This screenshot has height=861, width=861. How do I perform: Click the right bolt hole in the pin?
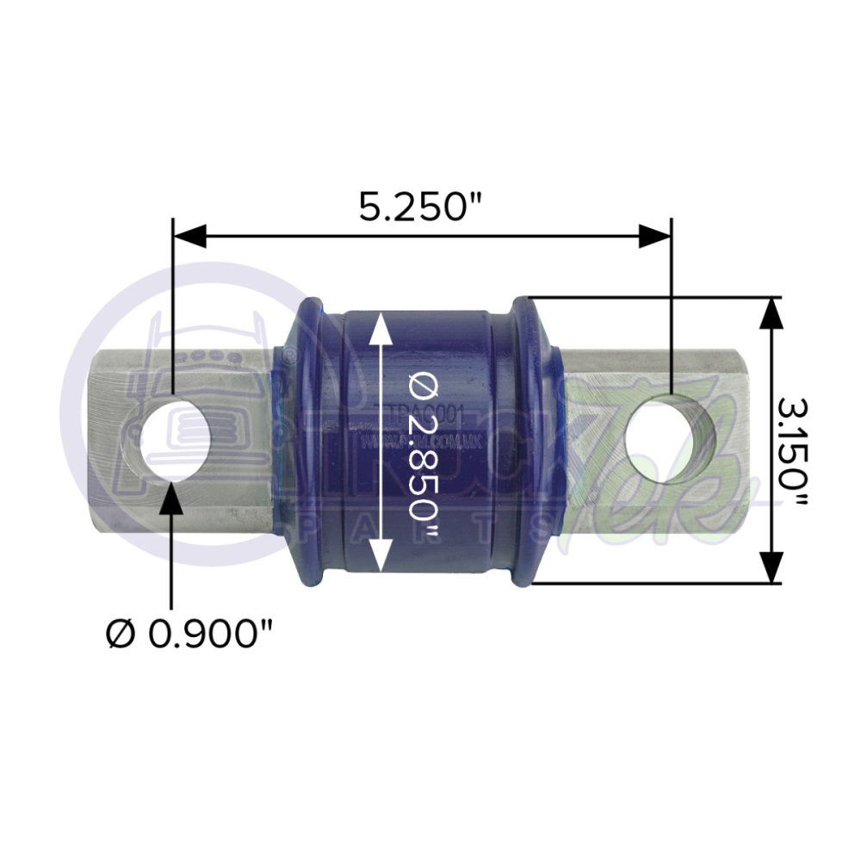click(670, 439)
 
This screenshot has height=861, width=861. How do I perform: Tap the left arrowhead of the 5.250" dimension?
click(189, 235)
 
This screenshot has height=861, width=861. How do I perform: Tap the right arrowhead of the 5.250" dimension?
click(654, 235)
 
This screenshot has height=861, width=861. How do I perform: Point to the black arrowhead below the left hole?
click(172, 497)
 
